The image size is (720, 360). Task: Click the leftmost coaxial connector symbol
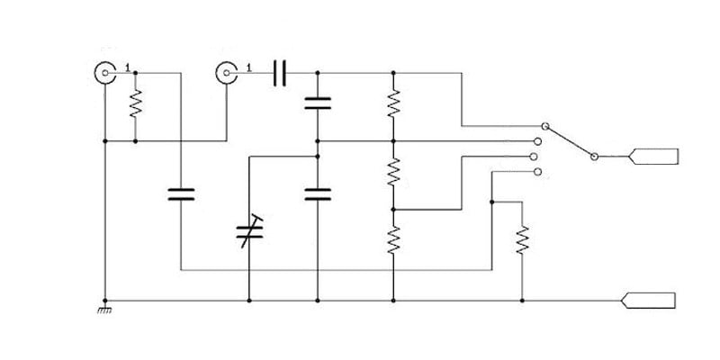click(105, 73)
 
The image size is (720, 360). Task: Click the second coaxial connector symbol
click(227, 73)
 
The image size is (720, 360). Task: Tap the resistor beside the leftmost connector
click(136, 103)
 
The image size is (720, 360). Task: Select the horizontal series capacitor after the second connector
click(280, 73)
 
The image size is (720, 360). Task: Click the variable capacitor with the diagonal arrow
click(249, 231)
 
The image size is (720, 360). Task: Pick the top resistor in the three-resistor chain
click(393, 103)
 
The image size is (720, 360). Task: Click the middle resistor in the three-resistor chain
click(393, 172)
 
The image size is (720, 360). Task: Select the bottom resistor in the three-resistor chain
click(393, 239)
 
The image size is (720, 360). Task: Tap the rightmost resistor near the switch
click(522, 239)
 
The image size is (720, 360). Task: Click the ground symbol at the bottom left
click(104, 310)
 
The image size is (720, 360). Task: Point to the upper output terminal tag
click(653, 157)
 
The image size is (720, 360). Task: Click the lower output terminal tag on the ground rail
click(648, 301)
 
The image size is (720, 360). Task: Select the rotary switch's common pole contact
click(594, 157)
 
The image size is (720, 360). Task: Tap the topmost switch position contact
click(544, 126)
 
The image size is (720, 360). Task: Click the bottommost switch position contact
click(538, 172)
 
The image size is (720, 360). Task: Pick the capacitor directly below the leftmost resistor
click(181, 194)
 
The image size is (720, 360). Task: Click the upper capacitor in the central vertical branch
click(318, 103)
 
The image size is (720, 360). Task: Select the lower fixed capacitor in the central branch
click(318, 194)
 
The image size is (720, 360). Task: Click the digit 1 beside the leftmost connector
click(128, 68)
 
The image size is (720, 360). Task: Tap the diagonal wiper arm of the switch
click(570, 141)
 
